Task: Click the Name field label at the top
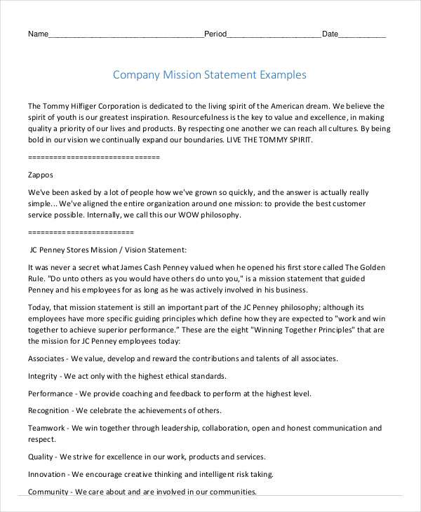pyautogui.click(x=38, y=34)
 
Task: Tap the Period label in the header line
pyautogui.click(x=215, y=34)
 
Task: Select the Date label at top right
pyautogui.click(x=330, y=34)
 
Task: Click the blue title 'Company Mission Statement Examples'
pyautogui.click(x=210, y=74)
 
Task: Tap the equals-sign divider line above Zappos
pyautogui.click(x=94, y=157)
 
